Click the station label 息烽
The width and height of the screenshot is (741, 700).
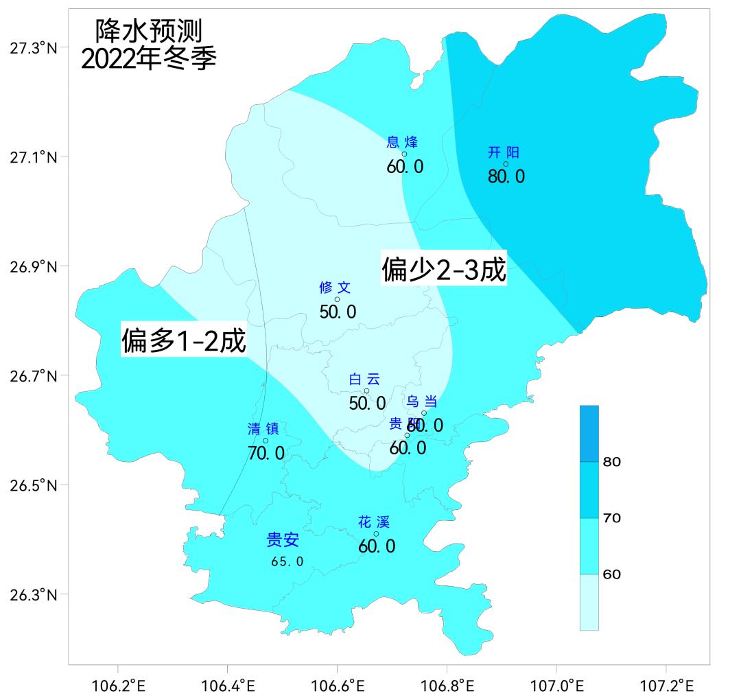point(402,142)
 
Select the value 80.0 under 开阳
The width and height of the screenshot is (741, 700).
point(506,176)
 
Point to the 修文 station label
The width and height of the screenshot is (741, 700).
point(335,288)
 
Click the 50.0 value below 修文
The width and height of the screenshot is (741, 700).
point(338,312)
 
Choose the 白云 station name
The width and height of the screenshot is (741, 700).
point(364,380)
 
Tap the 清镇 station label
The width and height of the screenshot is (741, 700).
point(263,430)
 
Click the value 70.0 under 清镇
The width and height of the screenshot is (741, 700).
point(266,453)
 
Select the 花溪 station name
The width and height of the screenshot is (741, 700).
point(374,522)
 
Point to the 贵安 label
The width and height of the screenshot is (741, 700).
point(283,540)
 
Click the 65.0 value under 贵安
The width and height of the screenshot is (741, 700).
point(287,561)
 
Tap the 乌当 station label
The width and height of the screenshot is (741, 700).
point(422,401)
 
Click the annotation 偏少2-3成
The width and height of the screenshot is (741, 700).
point(444,269)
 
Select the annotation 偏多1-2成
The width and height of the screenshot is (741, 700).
point(184,340)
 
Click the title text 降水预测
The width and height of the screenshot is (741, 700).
point(149,31)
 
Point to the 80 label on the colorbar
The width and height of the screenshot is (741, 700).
point(611,462)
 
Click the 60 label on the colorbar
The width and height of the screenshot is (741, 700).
point(611,574)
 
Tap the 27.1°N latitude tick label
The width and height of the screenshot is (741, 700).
point(34,157)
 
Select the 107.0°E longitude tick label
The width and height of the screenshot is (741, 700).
point(556,686)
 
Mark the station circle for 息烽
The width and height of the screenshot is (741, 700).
point(404,154)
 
